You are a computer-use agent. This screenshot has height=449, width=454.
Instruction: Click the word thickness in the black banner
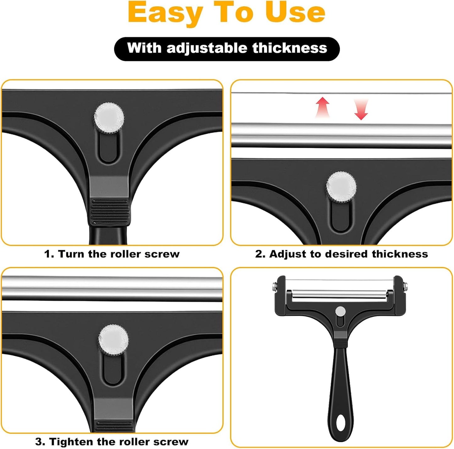[x=290, y=48]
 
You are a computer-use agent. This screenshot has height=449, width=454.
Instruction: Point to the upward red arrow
[x=323, y=107]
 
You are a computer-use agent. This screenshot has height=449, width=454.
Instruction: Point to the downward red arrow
[x=361, y=109]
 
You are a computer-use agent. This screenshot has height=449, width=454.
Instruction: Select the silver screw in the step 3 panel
[x=113, y=340]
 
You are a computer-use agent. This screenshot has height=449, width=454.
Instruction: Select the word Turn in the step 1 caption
[x=72, y=254]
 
